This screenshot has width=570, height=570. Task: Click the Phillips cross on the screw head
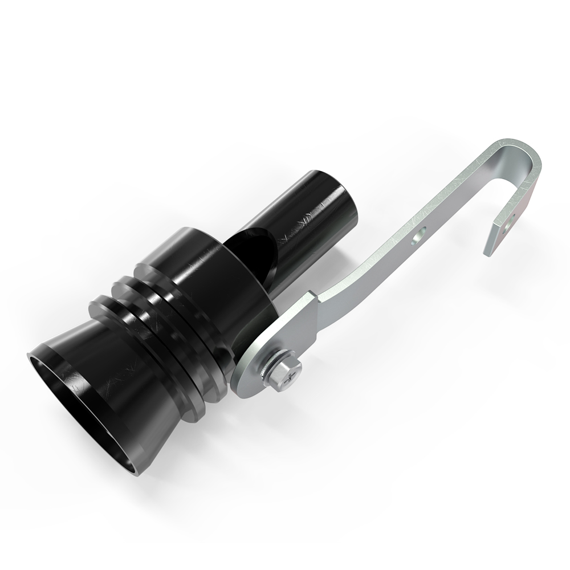point(292,372)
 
